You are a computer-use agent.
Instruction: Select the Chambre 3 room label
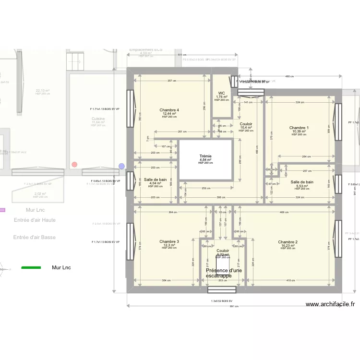tap(170, 241)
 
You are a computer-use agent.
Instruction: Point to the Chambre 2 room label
tap(288, 242)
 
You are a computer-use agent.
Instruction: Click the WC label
tap(221, 94)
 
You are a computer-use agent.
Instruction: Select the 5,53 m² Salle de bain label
tap(302, 182)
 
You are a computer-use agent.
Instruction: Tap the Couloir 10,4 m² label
tap(245, 124)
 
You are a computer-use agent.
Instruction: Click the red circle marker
tap(74, 164)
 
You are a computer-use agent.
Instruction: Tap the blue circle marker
tap(121, 166)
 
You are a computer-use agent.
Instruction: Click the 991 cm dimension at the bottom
tap(233, 306)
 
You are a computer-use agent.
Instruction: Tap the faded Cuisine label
tap(98, 119)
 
